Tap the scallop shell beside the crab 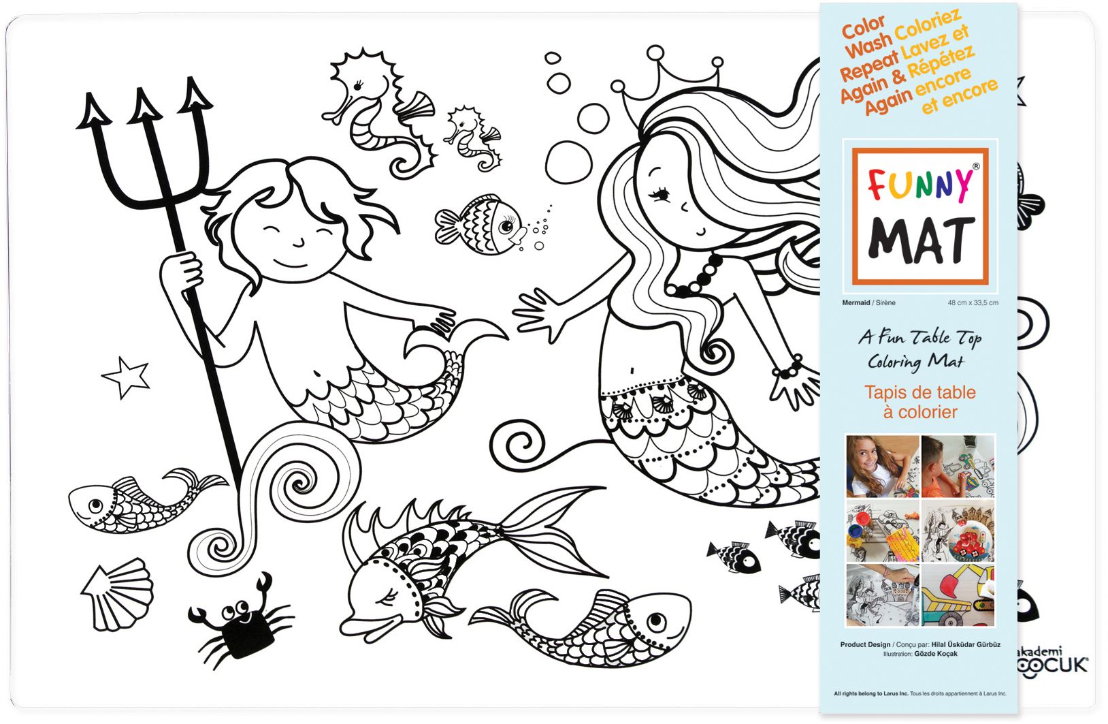(119, 594)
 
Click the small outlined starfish (127, 377)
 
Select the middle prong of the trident (144, 109)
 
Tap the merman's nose (297, 241)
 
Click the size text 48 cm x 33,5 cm (973, 302)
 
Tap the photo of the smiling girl (881, 466)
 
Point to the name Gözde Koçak (936, 654)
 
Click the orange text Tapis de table (920, 392)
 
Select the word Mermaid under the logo (856, 302)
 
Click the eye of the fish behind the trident (96, 505)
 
